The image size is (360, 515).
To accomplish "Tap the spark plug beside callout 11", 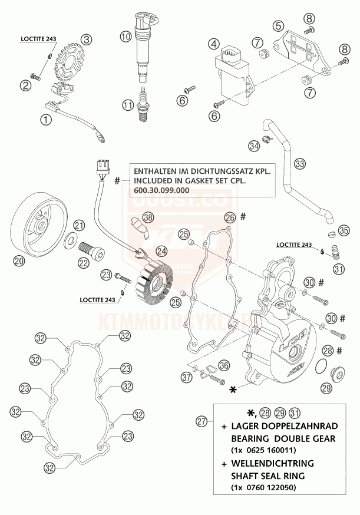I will click(141, 105).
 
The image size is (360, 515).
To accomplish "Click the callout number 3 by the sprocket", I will click(87, 40).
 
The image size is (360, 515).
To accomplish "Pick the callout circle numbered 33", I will click(300, 163).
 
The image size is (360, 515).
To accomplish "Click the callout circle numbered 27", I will click(203, 421).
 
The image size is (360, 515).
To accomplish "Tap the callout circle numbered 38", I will click(148, 217).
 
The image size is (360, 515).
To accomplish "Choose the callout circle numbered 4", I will click(213, 44).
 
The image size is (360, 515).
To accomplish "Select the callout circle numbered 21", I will click(79, 224).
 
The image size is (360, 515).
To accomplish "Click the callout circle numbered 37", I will click(187, 377).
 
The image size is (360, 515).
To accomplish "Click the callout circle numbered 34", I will click(253, 144).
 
